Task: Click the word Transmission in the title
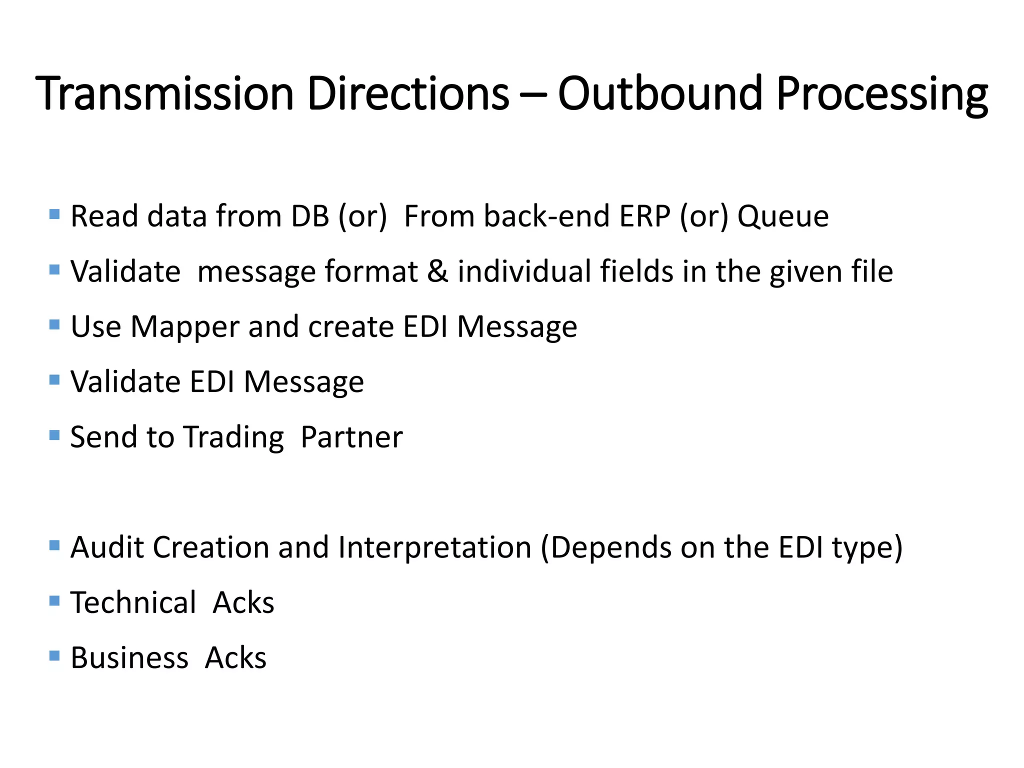165,93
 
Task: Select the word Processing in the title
882,95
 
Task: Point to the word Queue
783,217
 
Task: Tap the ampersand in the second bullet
437,271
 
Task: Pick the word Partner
351,437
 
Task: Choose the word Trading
233,438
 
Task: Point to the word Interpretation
434,548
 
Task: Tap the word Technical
133,602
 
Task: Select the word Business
129,657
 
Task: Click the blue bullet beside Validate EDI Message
55,380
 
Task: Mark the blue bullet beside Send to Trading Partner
55,435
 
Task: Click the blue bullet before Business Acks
55,655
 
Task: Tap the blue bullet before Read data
55,214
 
